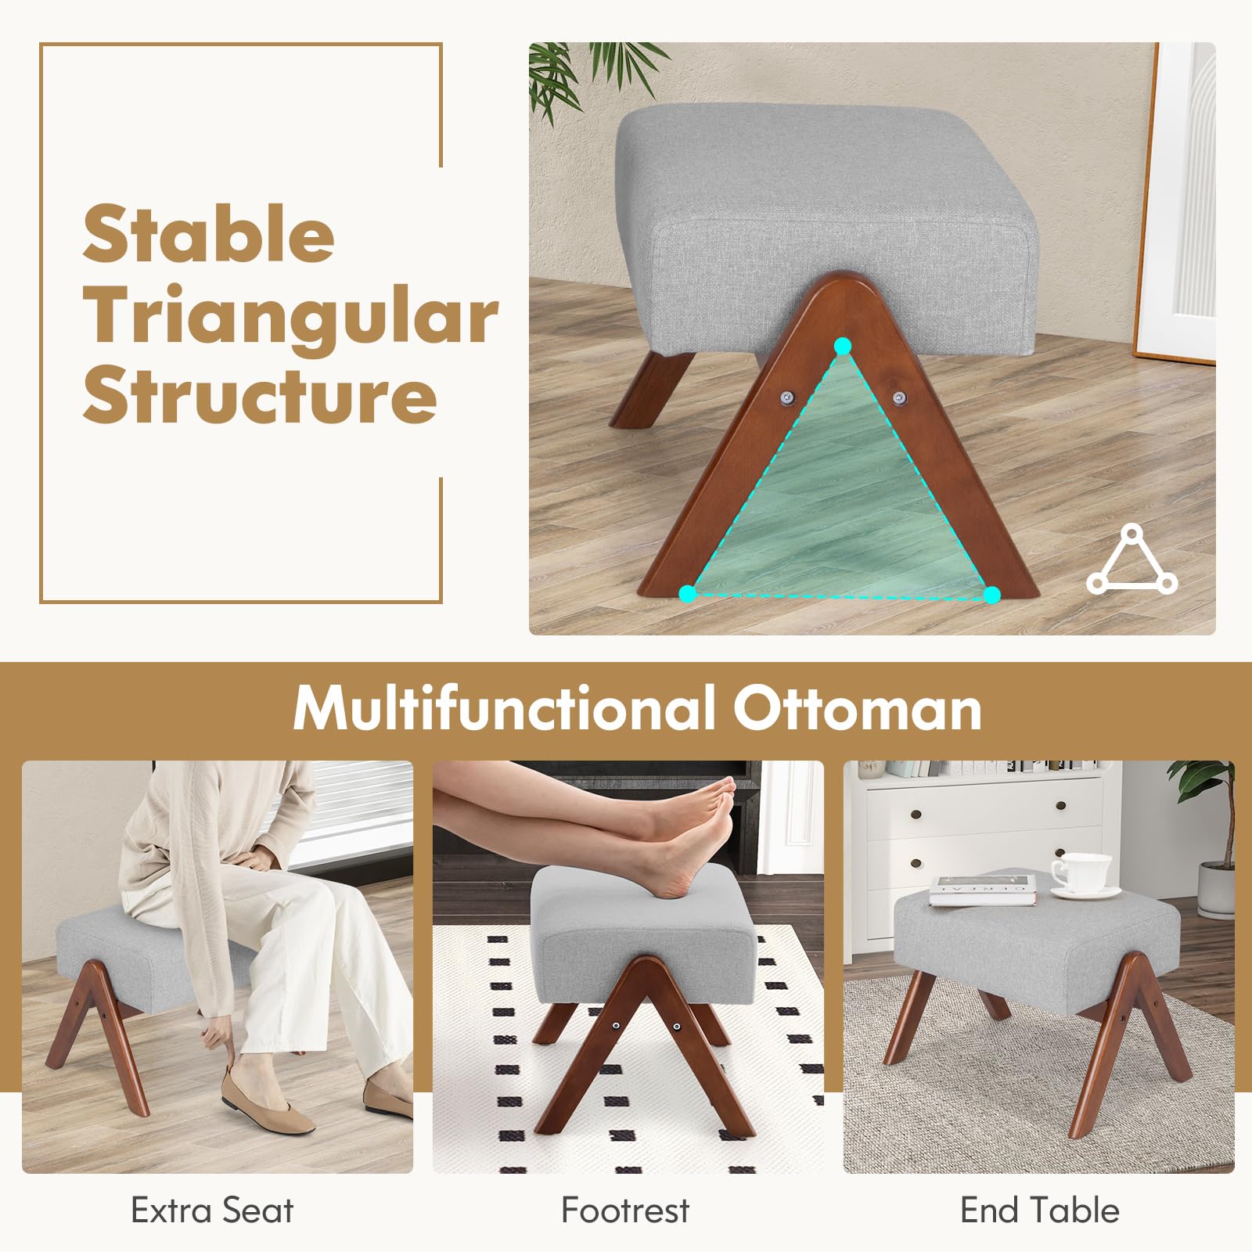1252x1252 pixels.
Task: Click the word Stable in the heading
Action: pyautogui.click(x=209, y=234)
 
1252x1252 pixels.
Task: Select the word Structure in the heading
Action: pyautogui.click(x=260, y=394)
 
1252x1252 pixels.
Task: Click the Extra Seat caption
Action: pyautogui.click(x=212, y=1211)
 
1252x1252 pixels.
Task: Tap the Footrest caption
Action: pyautogui.click(x=625, y=1211)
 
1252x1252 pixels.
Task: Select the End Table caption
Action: pyautogui.click(x=1040, y=1211)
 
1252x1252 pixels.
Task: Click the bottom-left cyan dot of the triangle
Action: pyautogui.click(x=688, y=594)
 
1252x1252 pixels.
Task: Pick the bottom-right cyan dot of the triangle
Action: pyautogui.click(x=992, y=595)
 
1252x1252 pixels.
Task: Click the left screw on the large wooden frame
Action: pyautogui.click(x=786, y=398)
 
